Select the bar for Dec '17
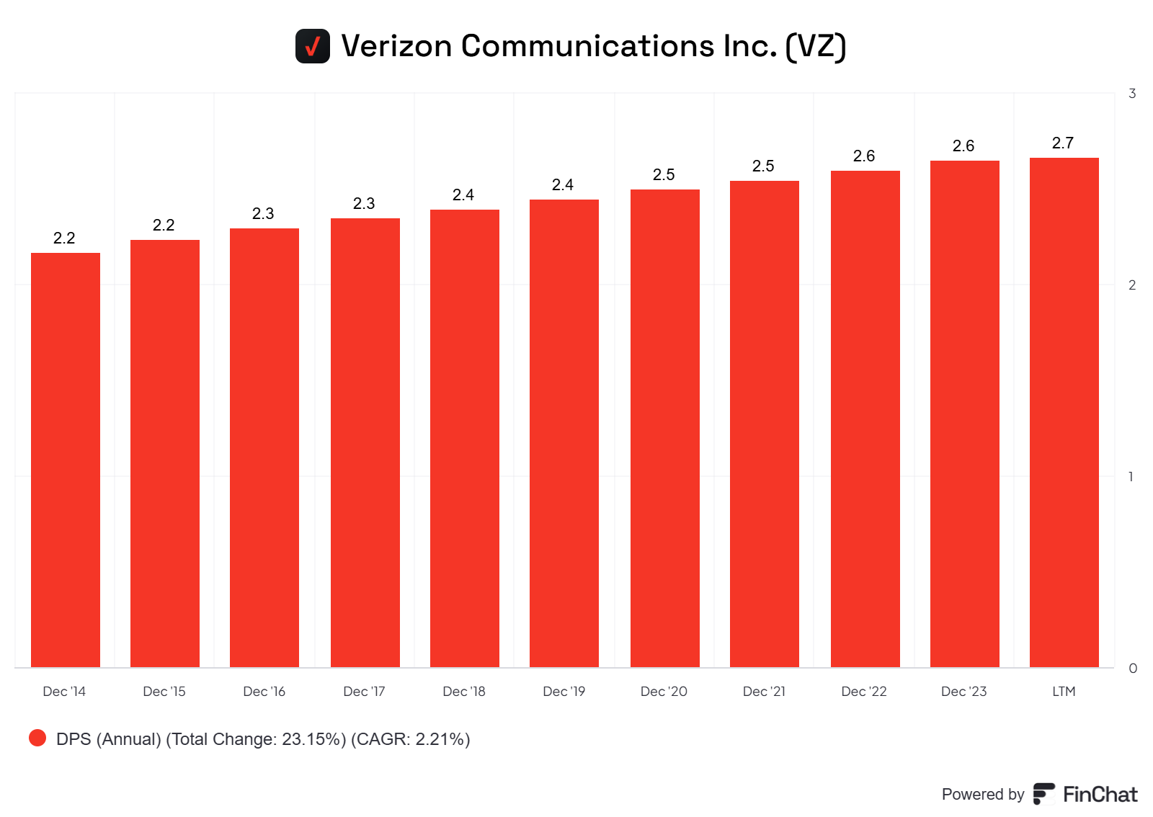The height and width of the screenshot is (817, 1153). (365, 442)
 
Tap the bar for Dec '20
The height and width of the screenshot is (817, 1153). (665, 428)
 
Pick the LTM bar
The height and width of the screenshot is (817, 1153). (1064, 412)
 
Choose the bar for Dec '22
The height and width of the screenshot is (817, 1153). (865, 419)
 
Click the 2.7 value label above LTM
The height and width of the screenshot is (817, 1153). (1063, 143)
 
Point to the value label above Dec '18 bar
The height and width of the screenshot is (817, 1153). (463, 195)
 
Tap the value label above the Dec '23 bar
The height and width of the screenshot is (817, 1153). (963, 146)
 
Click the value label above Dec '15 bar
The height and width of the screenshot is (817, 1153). (164, 226)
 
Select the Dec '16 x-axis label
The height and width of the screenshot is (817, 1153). (264, 692)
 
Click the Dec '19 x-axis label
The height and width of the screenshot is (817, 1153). (564, 692)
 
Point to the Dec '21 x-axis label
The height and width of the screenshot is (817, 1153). (764, 692)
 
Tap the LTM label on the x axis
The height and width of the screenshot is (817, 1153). (1064, 692)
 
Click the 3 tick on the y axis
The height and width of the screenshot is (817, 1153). (1132, 94)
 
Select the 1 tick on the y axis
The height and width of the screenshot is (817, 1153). (1131, 477)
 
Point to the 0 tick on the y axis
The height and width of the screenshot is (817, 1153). (1133, 669)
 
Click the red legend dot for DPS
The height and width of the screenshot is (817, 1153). (37, 738)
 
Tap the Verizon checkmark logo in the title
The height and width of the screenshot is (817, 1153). (313, 46)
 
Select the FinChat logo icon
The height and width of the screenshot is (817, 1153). (1043, 794)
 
